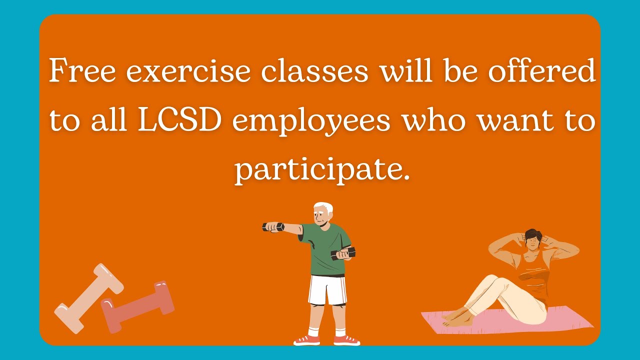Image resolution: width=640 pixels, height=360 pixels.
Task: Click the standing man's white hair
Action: pyautogui.click(x=323, y=207)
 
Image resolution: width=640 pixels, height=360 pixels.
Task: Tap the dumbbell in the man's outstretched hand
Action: pyautogui.click(x=273, y=227)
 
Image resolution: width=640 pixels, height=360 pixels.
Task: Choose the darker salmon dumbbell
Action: pyautogui.click(x=138, y=306)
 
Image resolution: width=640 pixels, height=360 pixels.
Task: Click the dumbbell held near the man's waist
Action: pyautogui.click(x=343, y=253)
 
